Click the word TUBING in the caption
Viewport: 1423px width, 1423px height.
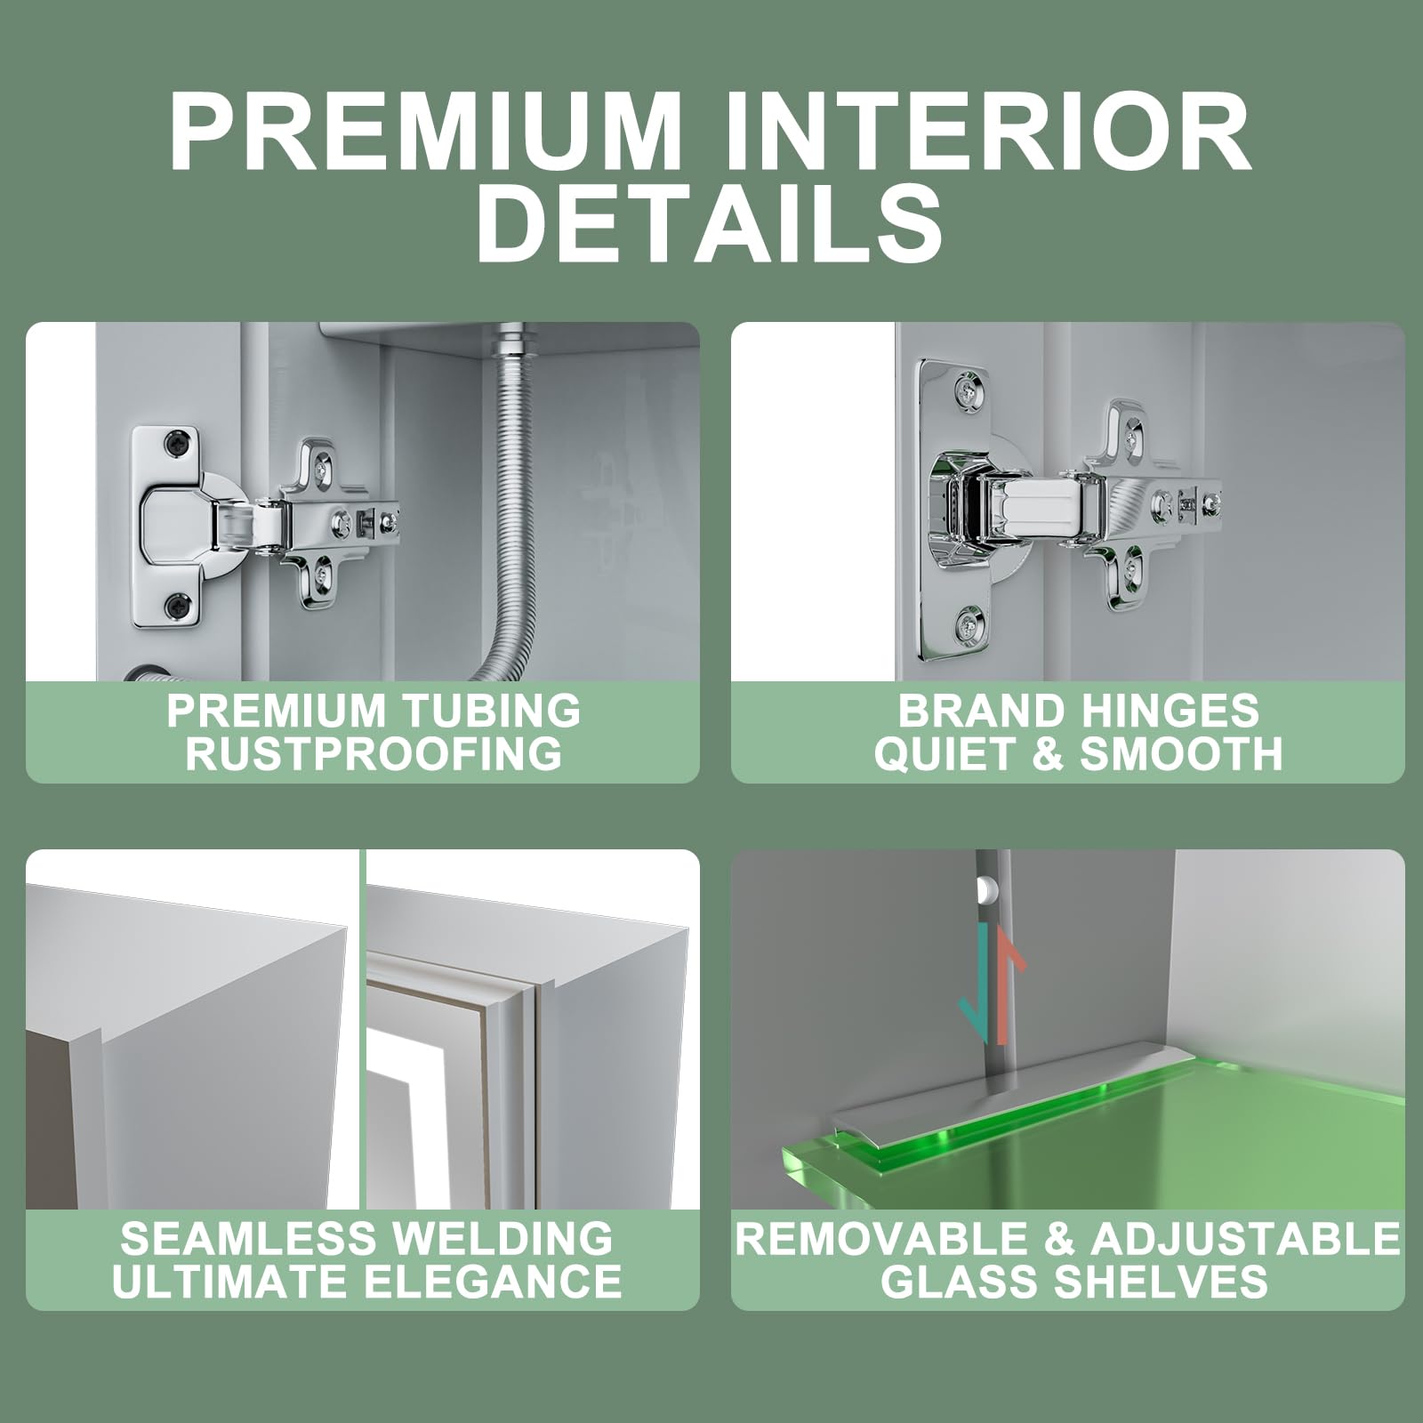491,711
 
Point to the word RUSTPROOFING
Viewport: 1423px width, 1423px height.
374,753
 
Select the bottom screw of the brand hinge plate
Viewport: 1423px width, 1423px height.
967,624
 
